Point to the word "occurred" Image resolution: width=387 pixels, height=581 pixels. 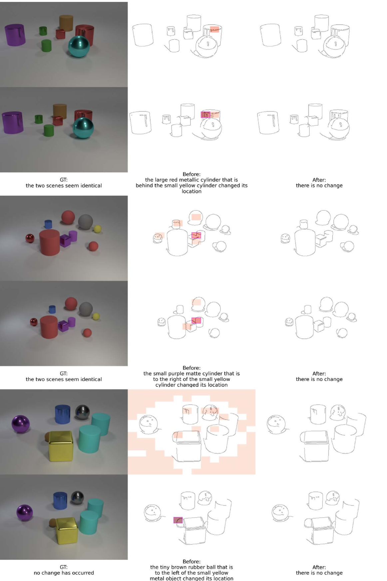(x=83, y=573)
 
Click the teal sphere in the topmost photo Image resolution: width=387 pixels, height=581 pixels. (x=79, y=46)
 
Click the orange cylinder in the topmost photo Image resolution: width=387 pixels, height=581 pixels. (x=66, y=23)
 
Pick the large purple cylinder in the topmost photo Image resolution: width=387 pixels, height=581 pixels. (x=15, y=35)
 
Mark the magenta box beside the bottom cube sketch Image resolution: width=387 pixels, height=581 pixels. (x=178, y=520)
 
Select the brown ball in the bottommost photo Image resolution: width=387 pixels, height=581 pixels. (x=52, y=523)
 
